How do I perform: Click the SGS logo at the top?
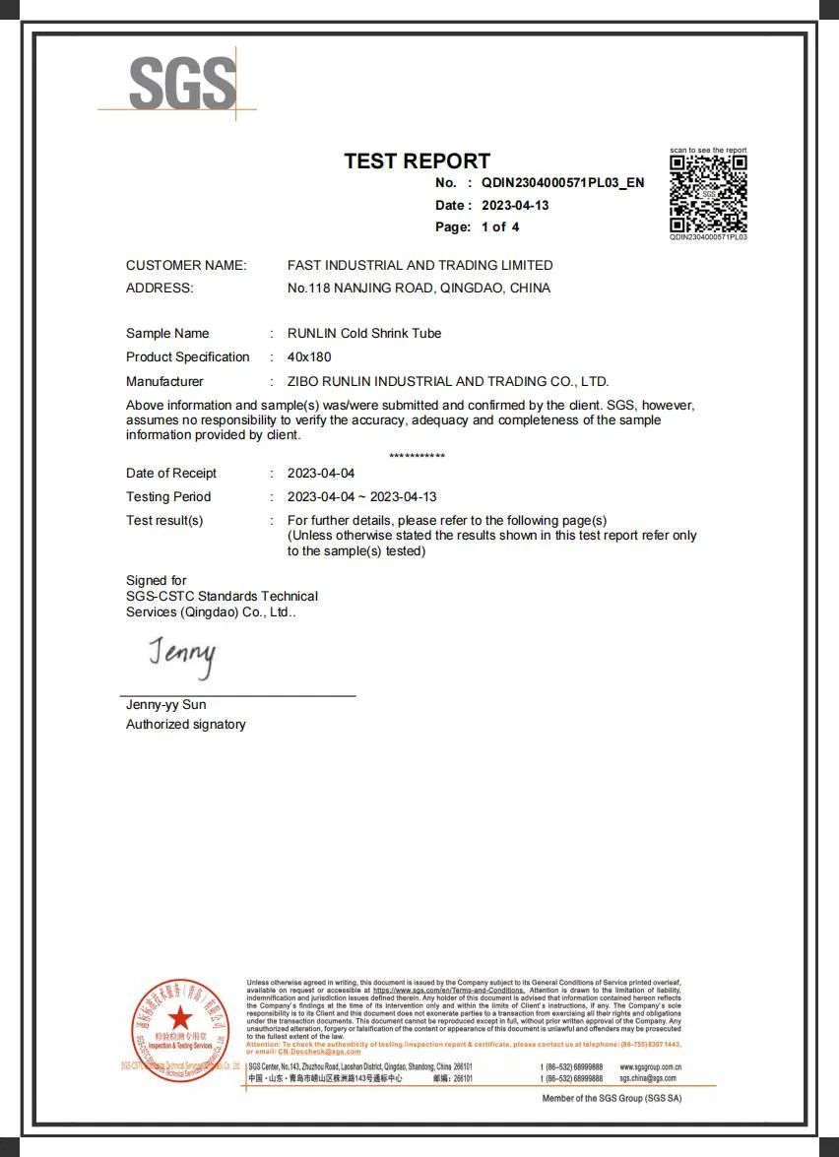(182, 84)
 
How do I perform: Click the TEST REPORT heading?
(417, 161)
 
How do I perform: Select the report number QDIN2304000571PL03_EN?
(563, 183)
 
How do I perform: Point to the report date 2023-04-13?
(515, 206)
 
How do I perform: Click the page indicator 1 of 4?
(500, 227)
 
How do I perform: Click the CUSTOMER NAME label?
(186, 266)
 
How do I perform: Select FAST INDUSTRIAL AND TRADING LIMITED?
(419, 266)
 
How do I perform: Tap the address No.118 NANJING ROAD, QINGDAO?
(419, 289)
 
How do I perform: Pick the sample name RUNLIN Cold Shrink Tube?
(364, 334)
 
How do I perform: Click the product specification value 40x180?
(309, 357)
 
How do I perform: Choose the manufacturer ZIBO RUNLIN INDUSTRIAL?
(448, 382)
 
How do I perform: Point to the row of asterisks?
(417, 456)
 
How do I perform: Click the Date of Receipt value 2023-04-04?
(321, 474)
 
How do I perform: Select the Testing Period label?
(168, 497)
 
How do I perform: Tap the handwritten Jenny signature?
(182, 657)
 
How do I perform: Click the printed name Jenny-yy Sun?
(166, 705)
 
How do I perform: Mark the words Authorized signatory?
(186, 725)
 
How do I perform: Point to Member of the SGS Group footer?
(612, 1098)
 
